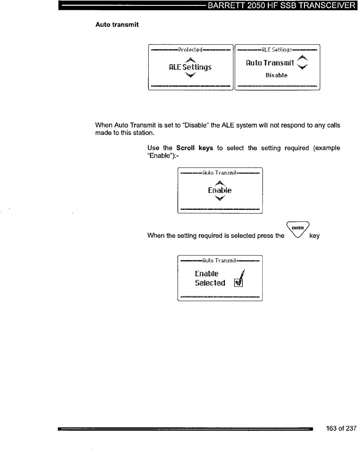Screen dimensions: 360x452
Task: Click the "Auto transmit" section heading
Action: (117, 24)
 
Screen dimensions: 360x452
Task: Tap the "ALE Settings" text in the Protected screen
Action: (190, 67)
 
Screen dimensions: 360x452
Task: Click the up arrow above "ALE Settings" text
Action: (190, 59)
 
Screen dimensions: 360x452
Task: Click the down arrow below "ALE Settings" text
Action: (190, 75)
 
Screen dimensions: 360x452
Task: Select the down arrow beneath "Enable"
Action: (220, 199)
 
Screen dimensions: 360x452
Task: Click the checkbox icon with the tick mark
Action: (238, 283)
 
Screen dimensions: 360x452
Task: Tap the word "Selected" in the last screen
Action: (210, 283)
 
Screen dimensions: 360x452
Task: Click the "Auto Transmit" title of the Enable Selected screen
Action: (220, 261)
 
